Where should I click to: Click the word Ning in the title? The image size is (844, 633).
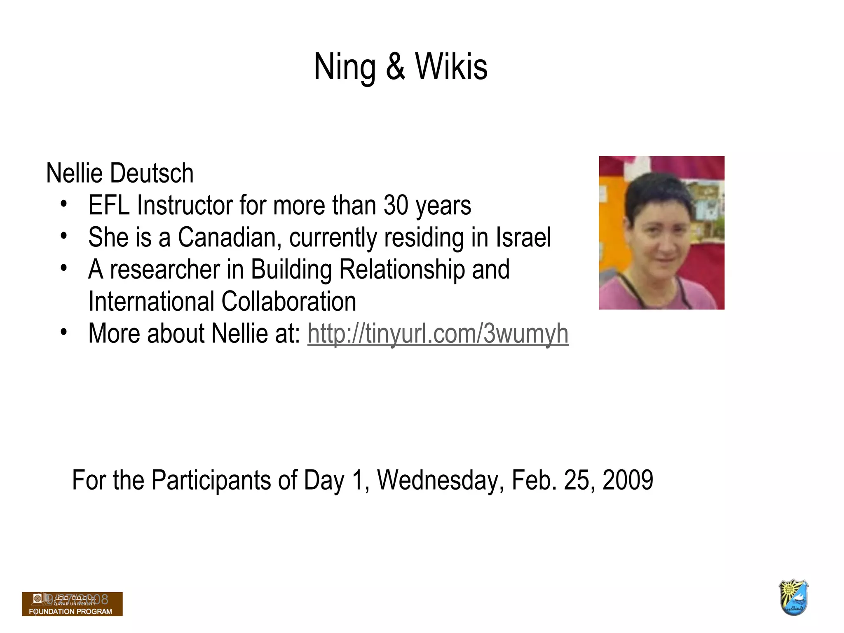[x=345, y=67]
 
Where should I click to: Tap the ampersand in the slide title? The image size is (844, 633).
[x=395, y=67]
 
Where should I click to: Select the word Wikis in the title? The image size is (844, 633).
[x=451, y=67]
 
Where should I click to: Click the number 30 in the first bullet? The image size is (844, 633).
[x=396, y=205]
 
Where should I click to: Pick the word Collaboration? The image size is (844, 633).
[x=288, y=302]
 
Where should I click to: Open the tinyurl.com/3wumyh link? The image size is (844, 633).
[x=438, y=333]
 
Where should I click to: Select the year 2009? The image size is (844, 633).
[x=628, y=480]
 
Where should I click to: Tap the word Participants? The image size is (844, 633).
[x=211, y=480]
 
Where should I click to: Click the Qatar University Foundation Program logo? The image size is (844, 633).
[x=72, y=604]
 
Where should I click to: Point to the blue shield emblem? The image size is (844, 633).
[x=793, y=598]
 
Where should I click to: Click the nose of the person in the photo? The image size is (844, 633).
[x=664, y=245]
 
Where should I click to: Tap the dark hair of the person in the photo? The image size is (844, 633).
[x=651, y=190]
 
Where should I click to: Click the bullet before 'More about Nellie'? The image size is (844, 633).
[x=63, y=332]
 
